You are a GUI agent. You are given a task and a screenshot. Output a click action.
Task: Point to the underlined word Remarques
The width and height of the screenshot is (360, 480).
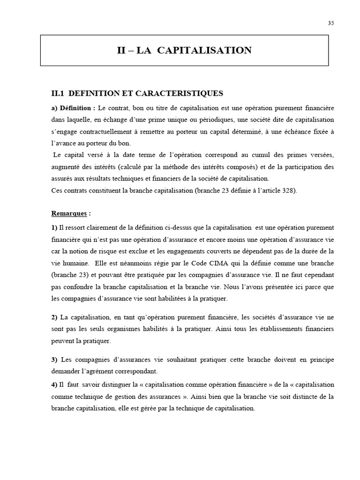tap(69, 213)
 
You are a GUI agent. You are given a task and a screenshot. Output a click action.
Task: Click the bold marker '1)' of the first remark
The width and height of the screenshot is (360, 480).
tap(54, 228)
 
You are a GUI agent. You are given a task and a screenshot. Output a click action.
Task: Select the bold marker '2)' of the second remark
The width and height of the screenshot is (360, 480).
tap(54, 317)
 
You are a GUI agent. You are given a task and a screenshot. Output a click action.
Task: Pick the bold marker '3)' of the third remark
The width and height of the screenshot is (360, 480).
tap(54, 359)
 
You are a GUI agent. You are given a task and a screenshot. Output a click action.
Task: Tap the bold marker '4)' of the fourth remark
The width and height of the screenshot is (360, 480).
tap(54, 384)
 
